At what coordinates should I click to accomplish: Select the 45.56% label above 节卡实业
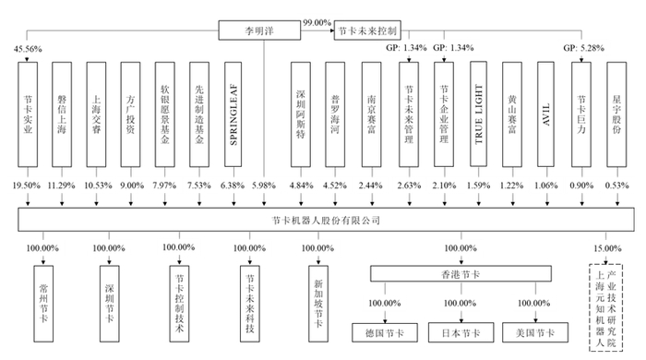tap(27, 47)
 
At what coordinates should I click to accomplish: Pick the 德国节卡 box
tap(382, 330)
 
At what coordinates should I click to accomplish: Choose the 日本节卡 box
tap(456, 330)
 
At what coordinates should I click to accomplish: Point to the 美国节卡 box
tap(531, 330)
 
